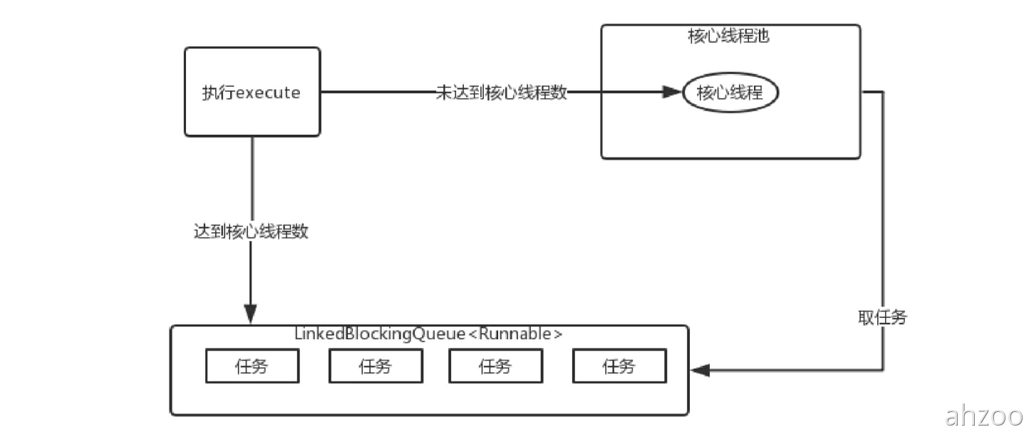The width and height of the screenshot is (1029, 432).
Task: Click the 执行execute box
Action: point(252,91)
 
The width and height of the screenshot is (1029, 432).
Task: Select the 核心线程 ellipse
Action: point(730,93)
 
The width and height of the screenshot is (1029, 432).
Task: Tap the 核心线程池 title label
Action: point(728,36)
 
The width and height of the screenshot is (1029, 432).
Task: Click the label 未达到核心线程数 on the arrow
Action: point(501,93)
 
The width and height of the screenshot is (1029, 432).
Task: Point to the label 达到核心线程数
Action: point(251,232)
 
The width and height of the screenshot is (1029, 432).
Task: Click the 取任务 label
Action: point(882,317)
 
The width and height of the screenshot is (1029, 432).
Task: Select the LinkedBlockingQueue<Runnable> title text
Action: point(428,334)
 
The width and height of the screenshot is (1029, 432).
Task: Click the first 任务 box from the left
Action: point(252,367)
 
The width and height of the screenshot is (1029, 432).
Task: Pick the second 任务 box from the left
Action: point(375,367)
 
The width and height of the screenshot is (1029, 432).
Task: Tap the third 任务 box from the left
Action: point(495,367)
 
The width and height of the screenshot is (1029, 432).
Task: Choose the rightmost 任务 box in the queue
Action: point(619,367)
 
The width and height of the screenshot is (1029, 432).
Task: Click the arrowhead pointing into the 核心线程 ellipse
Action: point(672,92)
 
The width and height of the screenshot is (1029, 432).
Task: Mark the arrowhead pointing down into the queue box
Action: point(250,314)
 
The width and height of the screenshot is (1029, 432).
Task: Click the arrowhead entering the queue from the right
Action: point(700,370)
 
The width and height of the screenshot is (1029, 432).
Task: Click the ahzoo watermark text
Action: point(984,416)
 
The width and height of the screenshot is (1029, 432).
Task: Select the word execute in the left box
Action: point(267,93)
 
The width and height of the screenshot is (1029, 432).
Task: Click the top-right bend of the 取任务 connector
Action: point(884,92)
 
